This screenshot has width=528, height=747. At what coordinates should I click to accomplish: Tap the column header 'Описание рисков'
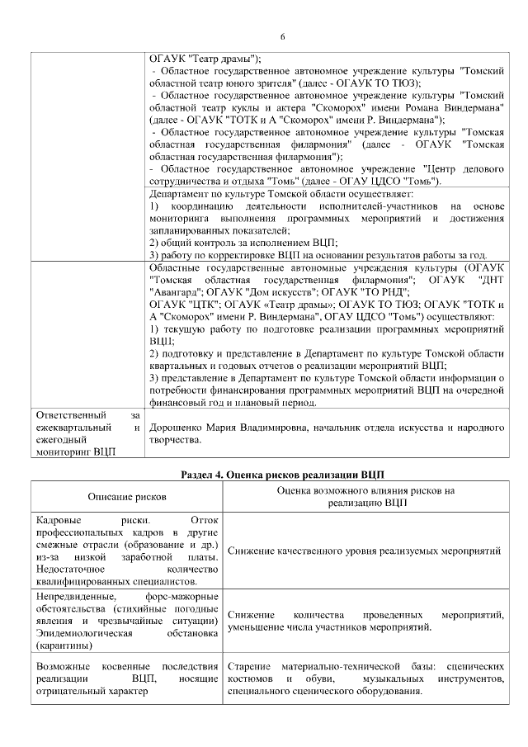[x=128, y=497]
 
